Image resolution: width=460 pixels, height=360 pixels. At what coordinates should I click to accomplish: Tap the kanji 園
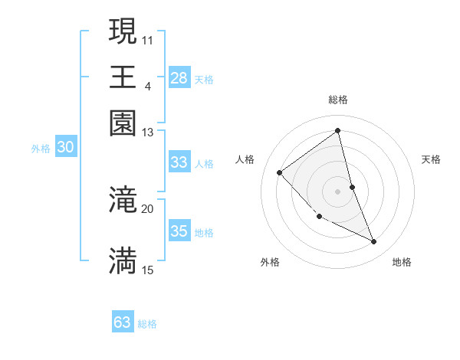click(123, 123)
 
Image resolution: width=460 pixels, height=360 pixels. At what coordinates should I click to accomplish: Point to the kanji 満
click(123, 260)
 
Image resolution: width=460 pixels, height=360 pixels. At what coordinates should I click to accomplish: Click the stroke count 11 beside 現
click(148, 39)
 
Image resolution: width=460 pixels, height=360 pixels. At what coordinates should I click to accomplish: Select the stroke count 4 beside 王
click(147, 85)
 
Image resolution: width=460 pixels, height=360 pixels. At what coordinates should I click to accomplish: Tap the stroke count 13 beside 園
click(148, 133)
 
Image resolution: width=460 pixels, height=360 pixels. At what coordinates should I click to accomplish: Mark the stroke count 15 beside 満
click(148, 270)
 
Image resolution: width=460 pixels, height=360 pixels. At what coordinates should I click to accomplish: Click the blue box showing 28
click(179, 78)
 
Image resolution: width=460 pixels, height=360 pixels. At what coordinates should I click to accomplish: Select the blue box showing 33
click(179, 162)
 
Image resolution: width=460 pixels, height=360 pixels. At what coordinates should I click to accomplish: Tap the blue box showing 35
click(179, 231)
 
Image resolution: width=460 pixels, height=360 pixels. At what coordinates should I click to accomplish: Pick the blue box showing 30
click(65, 149)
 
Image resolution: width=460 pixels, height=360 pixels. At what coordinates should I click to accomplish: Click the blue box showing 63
click(123, 322)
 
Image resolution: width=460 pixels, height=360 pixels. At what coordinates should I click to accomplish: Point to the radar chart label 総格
click(338, 100)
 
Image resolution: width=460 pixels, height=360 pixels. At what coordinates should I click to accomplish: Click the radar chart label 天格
click(432, 159)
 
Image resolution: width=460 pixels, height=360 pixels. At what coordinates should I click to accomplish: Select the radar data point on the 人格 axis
click(280, 172)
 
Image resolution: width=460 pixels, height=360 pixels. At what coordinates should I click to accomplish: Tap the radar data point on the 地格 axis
click(374, 242)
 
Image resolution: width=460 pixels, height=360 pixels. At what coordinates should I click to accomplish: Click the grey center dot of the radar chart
click(338, 191)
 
